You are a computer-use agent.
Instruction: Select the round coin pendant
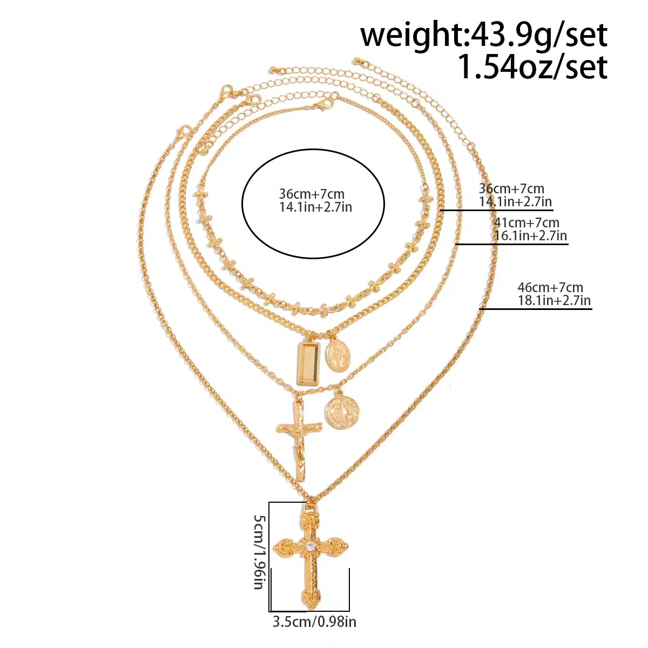(x=342, y=412)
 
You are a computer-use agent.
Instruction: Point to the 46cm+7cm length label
(x=550, y=287)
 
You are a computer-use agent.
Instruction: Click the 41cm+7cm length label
(x=526, y=222)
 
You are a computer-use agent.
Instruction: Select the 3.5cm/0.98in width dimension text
(x=314, y=622)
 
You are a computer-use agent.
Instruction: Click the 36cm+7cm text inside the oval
(x=312, y=194)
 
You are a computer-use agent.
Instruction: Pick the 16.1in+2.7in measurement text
(x=530, y=236)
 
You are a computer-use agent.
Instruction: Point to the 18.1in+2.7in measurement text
(x=554, y=300)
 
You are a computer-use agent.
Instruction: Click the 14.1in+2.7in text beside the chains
(x=515, y=202)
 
